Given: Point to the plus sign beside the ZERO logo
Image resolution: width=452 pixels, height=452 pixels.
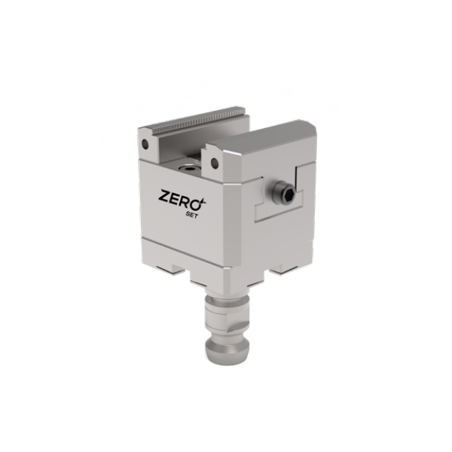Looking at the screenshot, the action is coord(206,200).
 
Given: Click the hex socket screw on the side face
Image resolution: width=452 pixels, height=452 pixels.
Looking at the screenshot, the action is coord(285,191).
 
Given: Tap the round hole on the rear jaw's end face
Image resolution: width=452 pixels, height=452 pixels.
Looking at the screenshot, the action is coord(145,143).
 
